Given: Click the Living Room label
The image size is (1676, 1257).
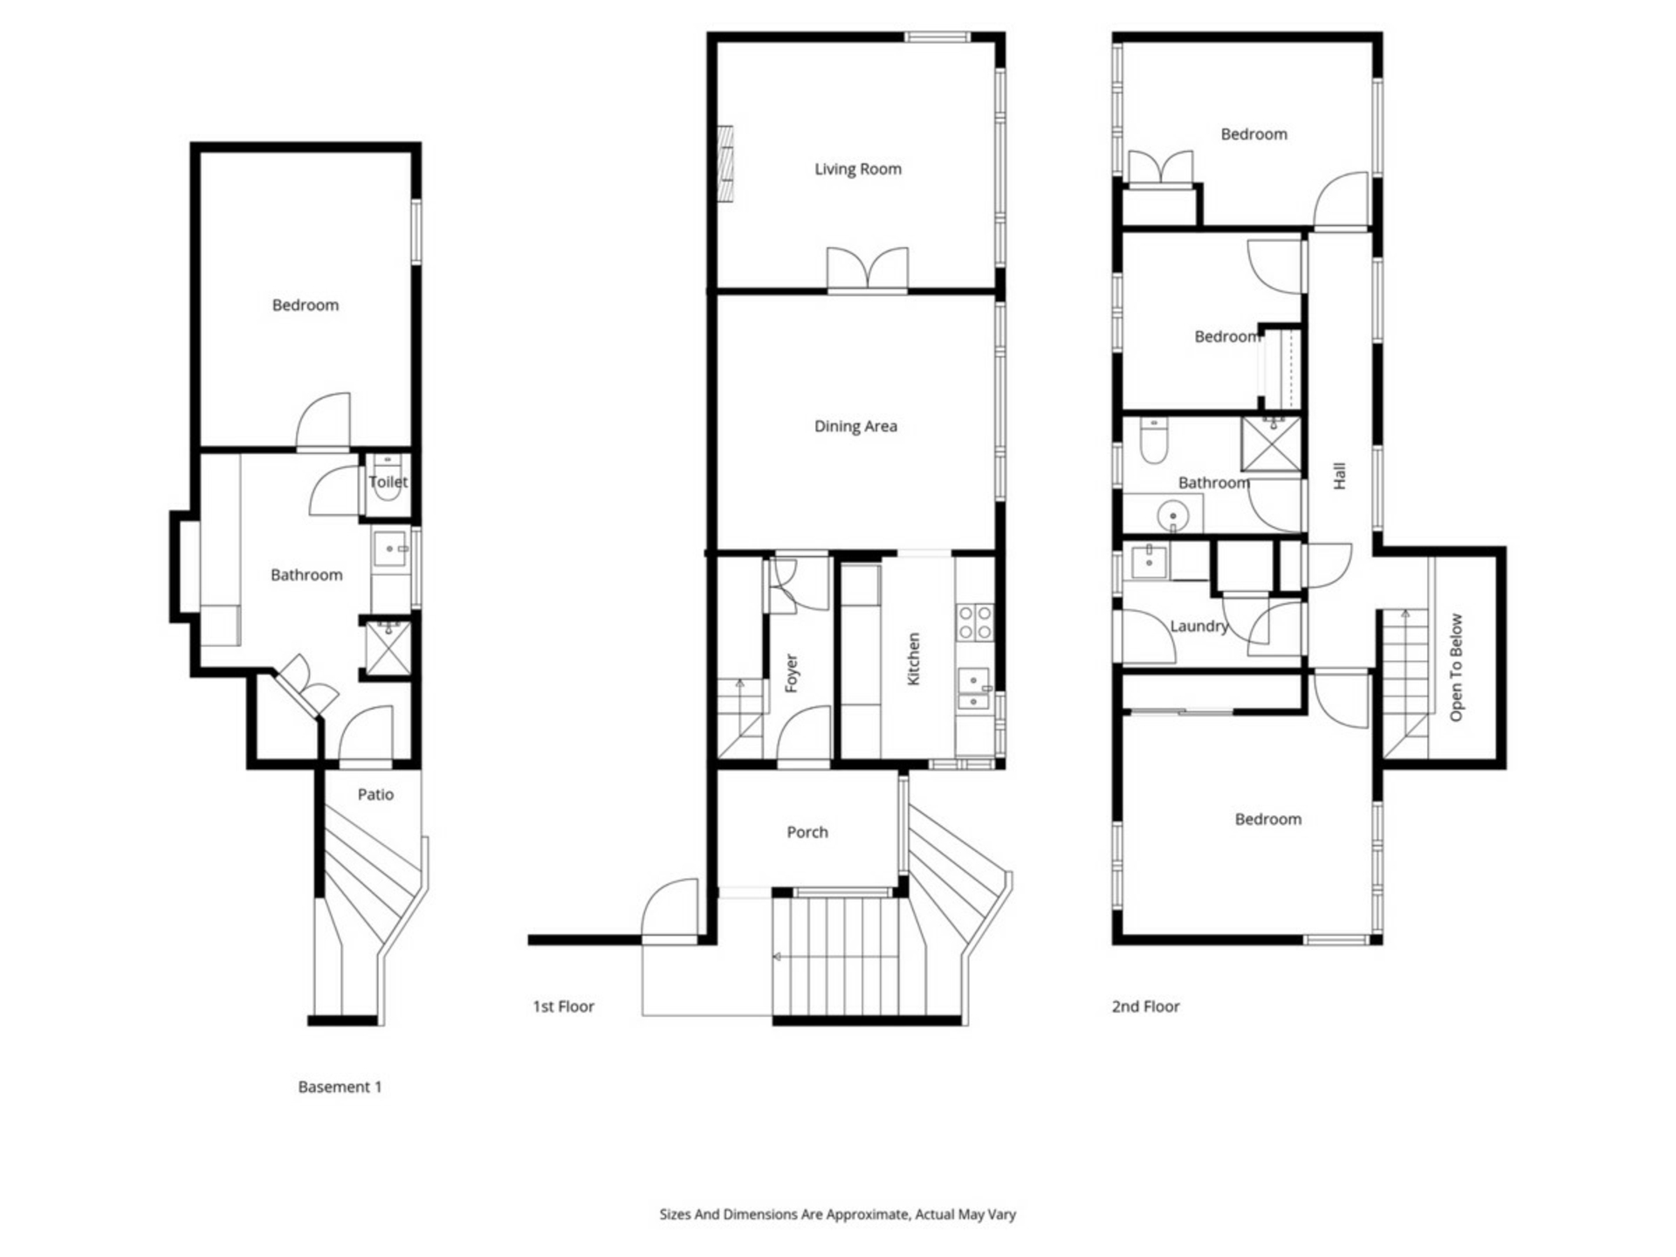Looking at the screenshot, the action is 857,169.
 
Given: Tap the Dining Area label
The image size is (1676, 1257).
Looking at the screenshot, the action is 855,426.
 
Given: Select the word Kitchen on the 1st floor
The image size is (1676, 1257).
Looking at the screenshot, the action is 913,659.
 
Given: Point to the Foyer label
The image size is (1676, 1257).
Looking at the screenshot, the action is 792,673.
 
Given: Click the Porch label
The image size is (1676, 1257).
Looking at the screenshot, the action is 807,832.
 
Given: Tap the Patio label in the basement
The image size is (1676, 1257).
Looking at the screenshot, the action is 375,794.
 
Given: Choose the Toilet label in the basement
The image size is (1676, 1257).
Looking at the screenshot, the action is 388,482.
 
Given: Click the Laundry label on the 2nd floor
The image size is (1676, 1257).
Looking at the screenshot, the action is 1199,626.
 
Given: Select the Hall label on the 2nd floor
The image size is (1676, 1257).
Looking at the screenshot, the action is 1340,476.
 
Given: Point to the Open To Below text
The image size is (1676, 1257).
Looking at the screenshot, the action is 1455,668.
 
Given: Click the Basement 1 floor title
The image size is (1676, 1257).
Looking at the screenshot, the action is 340,1087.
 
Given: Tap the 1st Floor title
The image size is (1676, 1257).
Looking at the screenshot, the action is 563,1006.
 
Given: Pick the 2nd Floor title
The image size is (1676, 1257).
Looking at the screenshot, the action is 1145,1006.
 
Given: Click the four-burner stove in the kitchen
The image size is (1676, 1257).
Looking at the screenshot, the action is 975,622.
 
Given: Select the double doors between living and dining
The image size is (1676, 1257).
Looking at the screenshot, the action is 867,269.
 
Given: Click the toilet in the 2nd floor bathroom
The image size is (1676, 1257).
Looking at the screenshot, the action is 1154,442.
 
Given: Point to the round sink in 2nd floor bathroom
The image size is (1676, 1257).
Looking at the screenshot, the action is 1172,517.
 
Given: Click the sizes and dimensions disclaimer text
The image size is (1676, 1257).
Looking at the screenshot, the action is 837,1214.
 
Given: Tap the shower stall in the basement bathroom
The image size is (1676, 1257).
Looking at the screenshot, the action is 388,647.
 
